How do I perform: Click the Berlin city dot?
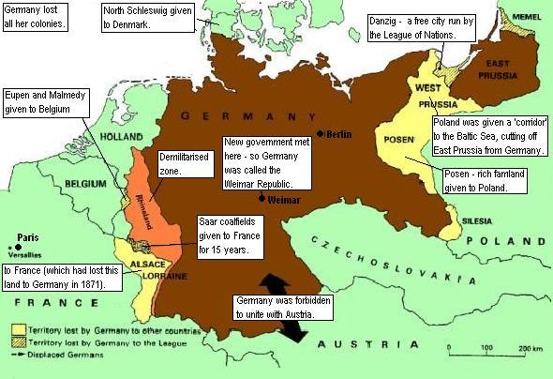tap(321, 134)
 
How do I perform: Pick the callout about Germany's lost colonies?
tap(35, 16)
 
